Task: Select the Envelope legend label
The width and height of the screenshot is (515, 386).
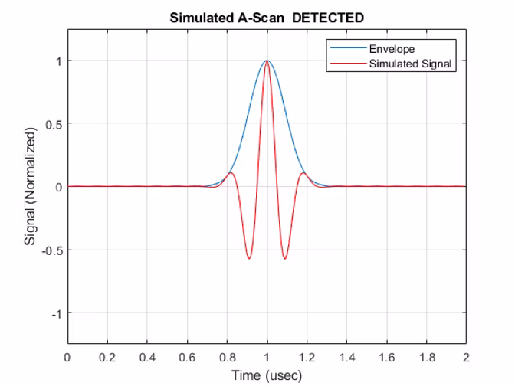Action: click(392, 50)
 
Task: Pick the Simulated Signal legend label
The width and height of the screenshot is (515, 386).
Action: click(410, 64)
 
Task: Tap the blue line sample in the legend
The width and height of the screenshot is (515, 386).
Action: click(347, 50)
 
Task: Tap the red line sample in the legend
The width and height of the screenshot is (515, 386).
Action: click(347, 64)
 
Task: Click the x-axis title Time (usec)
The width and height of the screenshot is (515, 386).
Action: click(267, 375)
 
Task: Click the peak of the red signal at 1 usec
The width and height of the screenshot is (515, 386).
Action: click(267, 61)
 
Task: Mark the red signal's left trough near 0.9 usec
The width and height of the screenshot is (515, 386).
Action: click(248, 258)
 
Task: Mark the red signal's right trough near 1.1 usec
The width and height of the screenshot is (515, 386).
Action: click(285, 258)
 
